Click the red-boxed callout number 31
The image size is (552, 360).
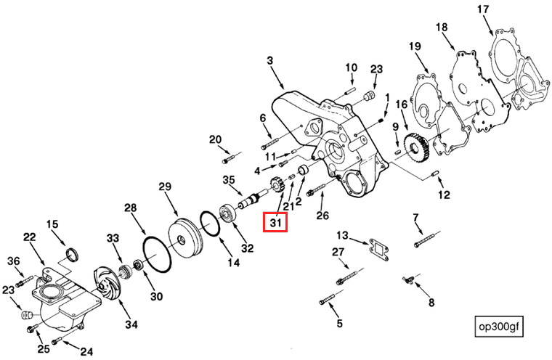(x=276, y=222)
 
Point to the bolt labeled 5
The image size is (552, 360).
(x=328, y=298)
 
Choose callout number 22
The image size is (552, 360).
(x=30, y=237)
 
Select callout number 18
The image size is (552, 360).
(x=442, y=28)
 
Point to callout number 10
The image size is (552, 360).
(x=351, y=67)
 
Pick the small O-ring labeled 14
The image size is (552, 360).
(x=209, y=225)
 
